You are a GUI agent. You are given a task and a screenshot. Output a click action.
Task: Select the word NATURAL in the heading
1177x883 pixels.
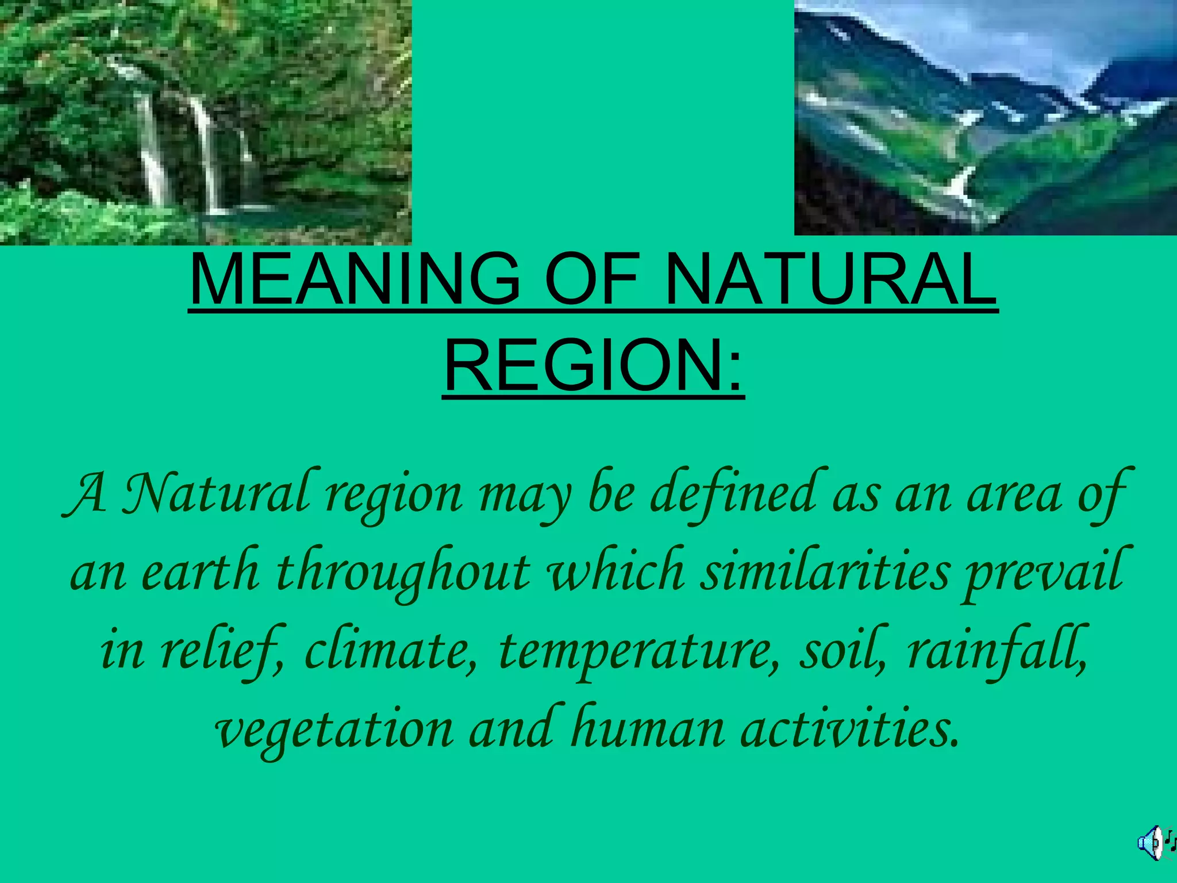pos(830,280)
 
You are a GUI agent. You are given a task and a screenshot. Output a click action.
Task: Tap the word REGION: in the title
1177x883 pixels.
pos(594,366)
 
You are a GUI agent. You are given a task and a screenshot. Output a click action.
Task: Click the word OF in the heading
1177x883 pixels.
pos(591,280)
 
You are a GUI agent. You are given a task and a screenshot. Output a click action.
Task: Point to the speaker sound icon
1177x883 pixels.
pos(1152,843)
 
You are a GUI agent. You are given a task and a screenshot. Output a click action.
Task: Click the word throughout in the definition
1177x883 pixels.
pos(402,573)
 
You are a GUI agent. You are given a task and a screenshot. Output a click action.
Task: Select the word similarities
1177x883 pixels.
pos(825,571)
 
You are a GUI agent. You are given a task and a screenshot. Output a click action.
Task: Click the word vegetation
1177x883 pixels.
pos(334,730)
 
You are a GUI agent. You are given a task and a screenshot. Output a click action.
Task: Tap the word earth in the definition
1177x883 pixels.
pos(200,571)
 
